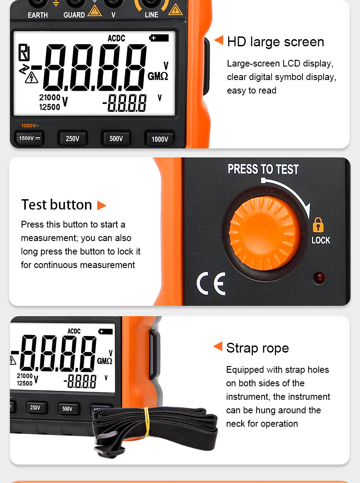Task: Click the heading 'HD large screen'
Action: pos(275,42)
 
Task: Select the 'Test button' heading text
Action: pos(57,205)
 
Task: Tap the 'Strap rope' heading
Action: pos(257,348)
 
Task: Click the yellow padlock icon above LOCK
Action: pos(318,224)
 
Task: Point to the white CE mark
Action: pos(211,284)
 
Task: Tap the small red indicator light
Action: pos(319,277)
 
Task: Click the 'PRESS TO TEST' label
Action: pos(263,170)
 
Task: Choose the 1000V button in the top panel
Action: pos(159,139)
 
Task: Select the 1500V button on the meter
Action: pos(29,139)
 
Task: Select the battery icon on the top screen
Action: pos(159,38)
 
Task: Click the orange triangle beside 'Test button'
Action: pos(102,206)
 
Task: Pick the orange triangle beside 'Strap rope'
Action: pos(218,346)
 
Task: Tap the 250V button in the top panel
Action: pos(72,139)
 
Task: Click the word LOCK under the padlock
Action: pos(321,241)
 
